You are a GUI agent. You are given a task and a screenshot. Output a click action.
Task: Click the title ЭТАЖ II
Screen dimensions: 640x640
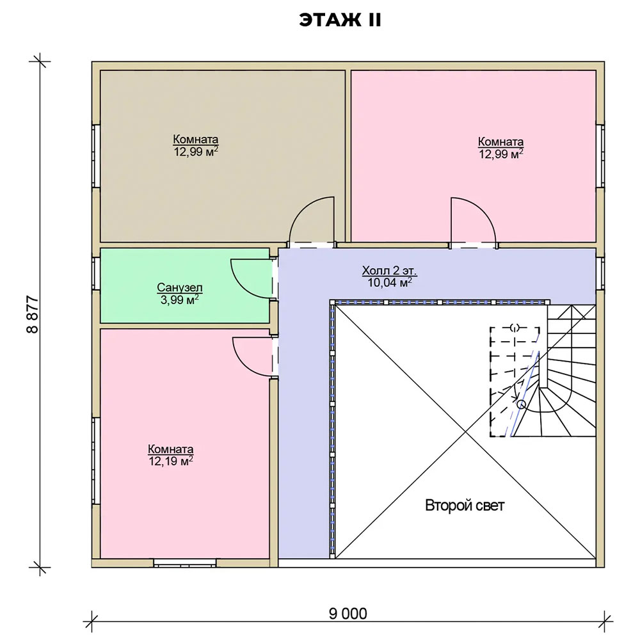(x=340, y=20)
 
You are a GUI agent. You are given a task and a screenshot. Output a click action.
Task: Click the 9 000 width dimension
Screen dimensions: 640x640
(x=348, y=614)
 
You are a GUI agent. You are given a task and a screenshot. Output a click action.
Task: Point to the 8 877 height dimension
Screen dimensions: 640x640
(x=33, y=314)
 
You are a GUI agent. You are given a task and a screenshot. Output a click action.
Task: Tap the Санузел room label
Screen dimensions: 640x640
(x=180, y=287)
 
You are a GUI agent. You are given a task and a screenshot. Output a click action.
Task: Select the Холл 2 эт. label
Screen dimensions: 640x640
(x=389, y=271)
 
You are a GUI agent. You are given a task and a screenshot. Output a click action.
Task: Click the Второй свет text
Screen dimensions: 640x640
(x=465, y=506)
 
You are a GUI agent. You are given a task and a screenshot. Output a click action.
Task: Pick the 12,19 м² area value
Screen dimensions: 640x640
(x=171, y=461)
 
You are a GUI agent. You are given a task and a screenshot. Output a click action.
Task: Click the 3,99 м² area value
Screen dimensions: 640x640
(x=180, y=300)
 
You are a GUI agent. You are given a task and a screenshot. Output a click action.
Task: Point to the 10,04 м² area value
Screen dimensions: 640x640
(x=389, y=282)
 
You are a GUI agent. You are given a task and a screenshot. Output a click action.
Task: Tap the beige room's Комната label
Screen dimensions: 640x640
(x=195, y=139)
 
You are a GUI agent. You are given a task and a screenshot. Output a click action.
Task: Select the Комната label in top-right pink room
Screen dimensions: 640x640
(x=501, y=141)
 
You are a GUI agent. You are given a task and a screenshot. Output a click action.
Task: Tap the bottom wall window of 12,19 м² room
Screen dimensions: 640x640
(x=185, y=563)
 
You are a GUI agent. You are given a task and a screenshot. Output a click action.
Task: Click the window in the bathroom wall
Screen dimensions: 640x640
(x=96, y=274)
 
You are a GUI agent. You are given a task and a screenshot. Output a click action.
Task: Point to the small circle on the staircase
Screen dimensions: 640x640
(x=521, y=404)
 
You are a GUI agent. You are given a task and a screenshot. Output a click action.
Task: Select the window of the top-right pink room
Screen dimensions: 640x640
(x=600, y=156)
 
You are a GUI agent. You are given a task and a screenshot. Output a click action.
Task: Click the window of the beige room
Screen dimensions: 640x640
(x=96, y=156)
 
